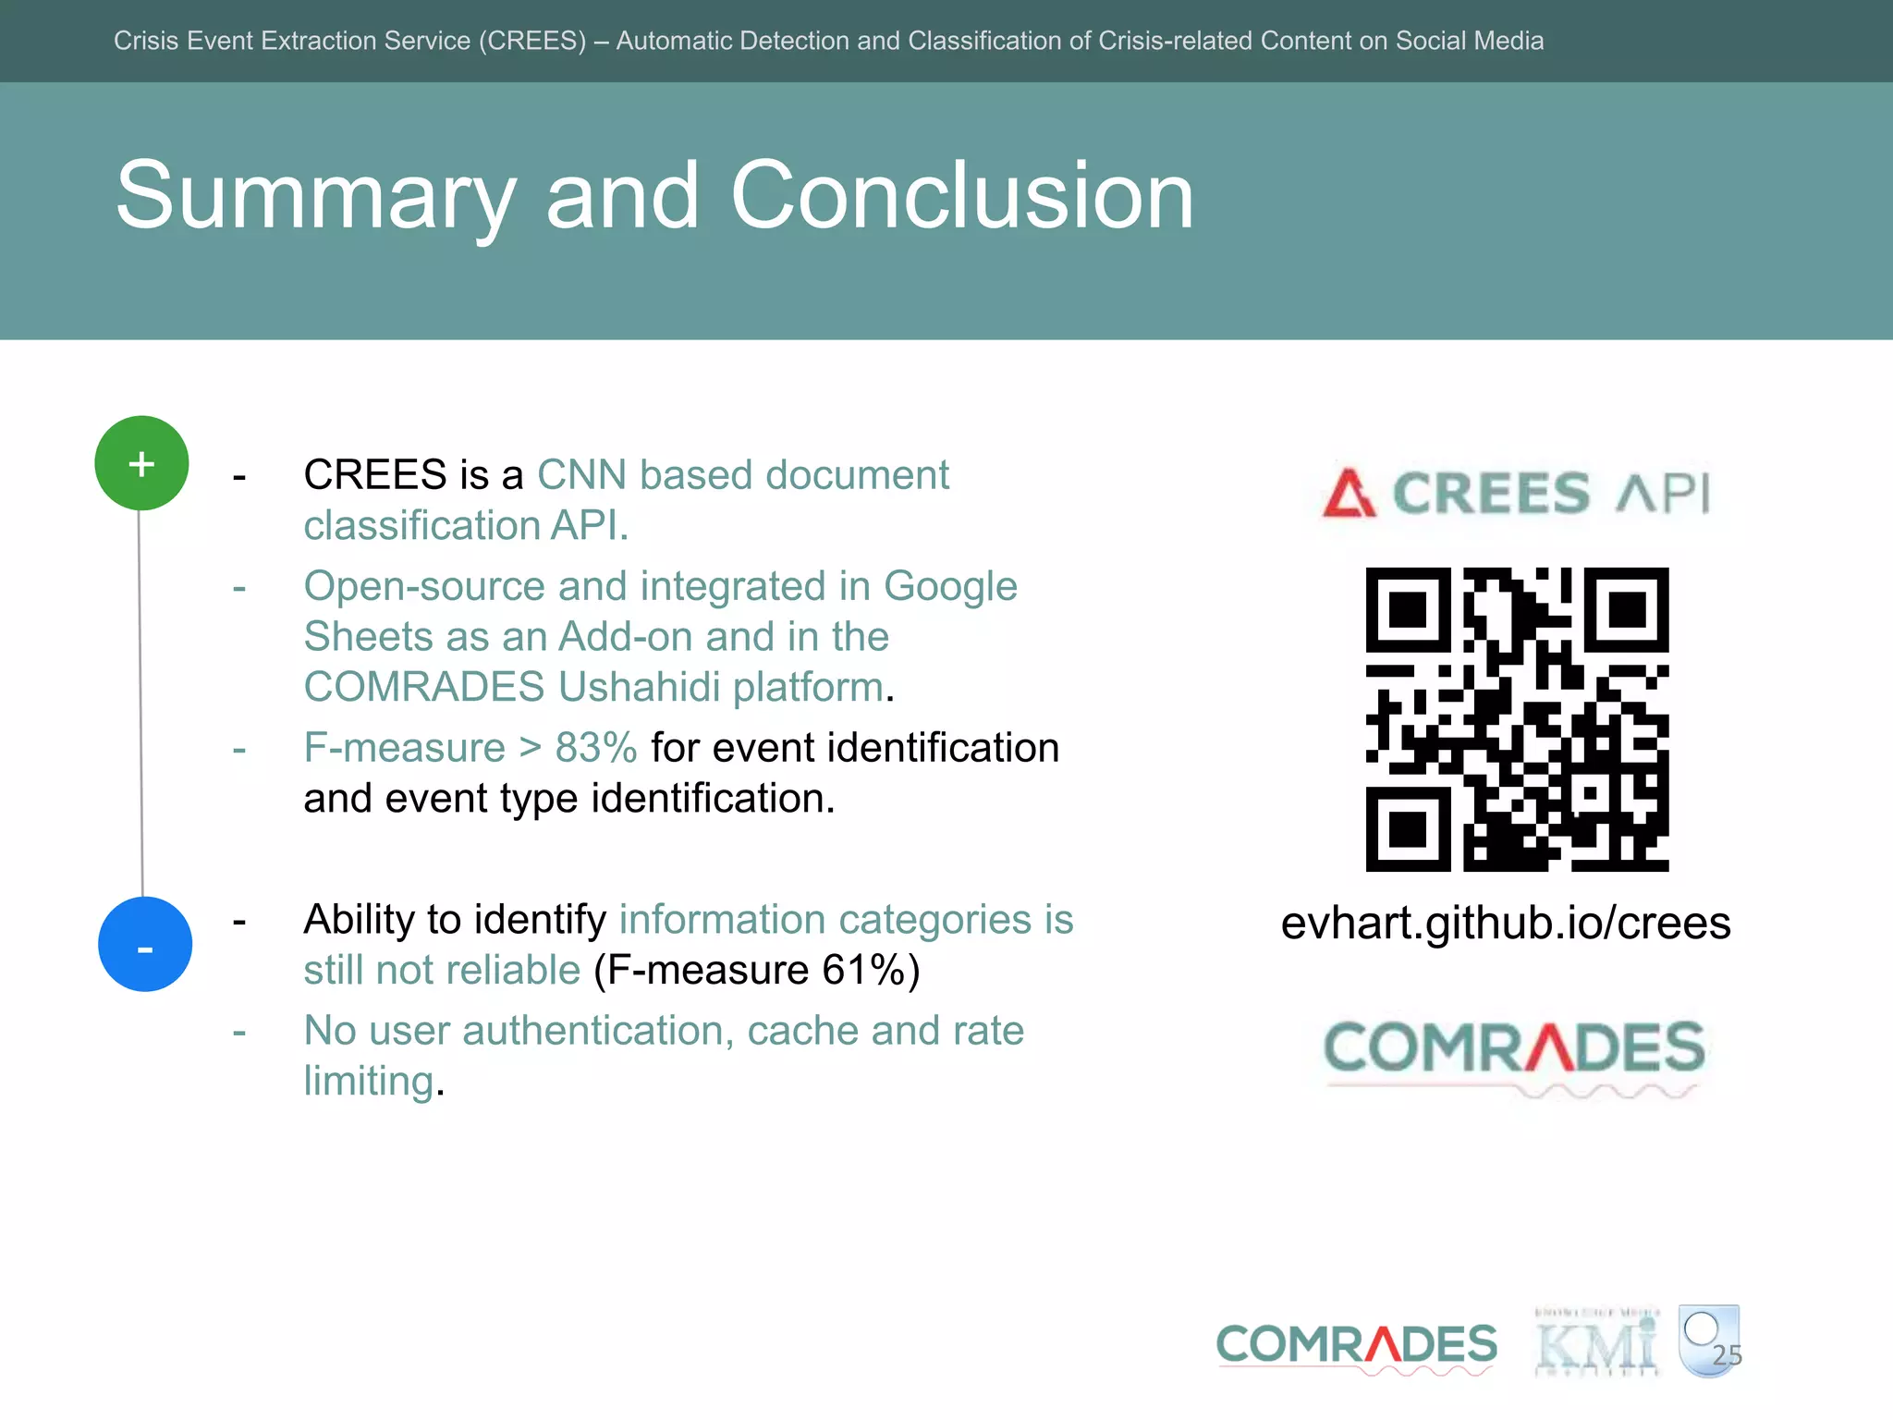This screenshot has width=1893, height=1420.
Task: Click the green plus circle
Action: click(x=141, y=463)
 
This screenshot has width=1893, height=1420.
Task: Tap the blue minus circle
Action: click(x=145, y=944)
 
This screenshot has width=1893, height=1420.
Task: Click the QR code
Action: click(x=1517, y=719)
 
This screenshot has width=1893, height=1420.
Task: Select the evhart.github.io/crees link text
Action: click(x=1505, y=923)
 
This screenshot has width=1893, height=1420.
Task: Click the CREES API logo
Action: click(x=1516, y=493)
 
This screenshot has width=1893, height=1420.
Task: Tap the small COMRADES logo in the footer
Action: click(x=1356, y=1345)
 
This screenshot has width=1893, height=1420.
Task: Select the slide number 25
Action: click(x=1726, y=1355)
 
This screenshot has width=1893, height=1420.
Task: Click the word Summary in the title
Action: click(x=315, y=196)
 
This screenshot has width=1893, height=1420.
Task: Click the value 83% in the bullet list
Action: click(x=596, y=748)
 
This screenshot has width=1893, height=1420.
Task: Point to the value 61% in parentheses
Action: click(x=863, y=971)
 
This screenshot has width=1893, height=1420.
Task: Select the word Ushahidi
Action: click(x=639, y=687)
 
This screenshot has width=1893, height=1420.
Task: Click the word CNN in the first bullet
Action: click(x=581, y=475)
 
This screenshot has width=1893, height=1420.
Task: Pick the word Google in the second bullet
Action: click(x=949, y=587)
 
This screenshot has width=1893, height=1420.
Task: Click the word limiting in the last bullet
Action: click(x=369, y=1082)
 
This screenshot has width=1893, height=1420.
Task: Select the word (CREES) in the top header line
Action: click(x=531, y=41)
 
